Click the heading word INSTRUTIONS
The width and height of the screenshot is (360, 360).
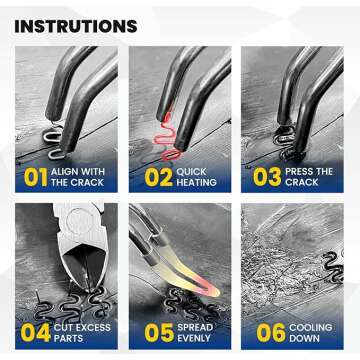[x=76, y=27]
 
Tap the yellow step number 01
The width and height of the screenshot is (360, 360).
[x=35, y=177]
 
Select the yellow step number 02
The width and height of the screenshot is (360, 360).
[x=158, y=177]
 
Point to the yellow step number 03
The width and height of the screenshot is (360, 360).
[x=267, y=177]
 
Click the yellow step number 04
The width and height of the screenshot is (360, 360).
[x=36, y=334]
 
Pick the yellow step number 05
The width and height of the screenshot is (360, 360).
[x=158, y=334]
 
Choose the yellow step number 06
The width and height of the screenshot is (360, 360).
[x=271, y=334]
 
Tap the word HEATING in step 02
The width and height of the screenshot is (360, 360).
[x=196, y=183]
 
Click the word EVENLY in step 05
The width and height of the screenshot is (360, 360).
[x=194, y=338]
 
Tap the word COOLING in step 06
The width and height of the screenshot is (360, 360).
[x=311, y=328]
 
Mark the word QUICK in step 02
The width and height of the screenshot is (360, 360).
[x=191, y=172]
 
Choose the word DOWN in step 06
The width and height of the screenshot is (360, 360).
[x=304, y=338]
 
